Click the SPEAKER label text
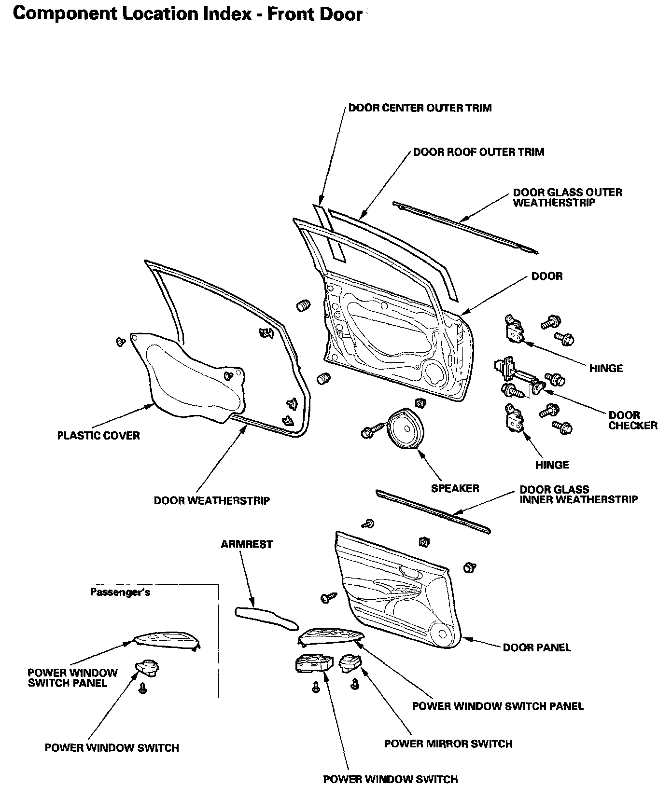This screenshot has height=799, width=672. click(455, 488)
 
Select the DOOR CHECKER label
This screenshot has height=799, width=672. click(632, 420)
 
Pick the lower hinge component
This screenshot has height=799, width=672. click(514, 416)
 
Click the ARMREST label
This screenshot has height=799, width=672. click(247, 544)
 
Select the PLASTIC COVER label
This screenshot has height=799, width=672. click(98, 436)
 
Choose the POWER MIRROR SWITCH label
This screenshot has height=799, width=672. click(448, 744)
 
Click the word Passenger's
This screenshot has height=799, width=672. click(120, 592)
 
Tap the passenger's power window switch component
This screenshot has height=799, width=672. click(147, 668)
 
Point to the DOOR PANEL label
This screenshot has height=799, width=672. click(536, 647)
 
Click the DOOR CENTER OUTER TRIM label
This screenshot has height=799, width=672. click(420, 108)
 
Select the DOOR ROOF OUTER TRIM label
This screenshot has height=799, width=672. click(478, 152)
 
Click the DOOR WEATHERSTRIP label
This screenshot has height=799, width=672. click(211, 501)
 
